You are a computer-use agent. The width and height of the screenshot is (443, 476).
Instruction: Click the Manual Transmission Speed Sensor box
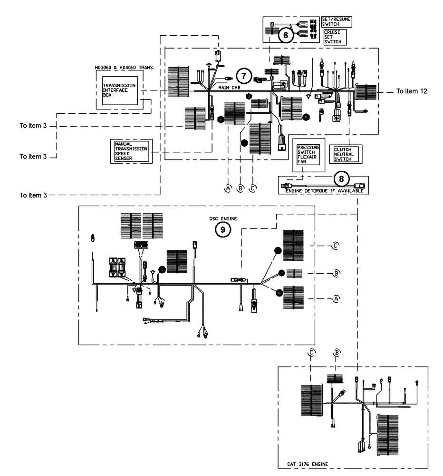click(130, 151)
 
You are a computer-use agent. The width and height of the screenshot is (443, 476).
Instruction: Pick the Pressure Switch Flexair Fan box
click(309, 154)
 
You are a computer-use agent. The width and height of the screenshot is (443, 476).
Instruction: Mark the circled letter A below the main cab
click(228, 188)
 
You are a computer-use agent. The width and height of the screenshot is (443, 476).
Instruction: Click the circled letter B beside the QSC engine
click(336, 273)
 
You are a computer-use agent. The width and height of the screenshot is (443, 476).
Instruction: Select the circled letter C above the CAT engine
click(311, 352)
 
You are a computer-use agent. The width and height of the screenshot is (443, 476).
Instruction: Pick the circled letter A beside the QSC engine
click(336, 298)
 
